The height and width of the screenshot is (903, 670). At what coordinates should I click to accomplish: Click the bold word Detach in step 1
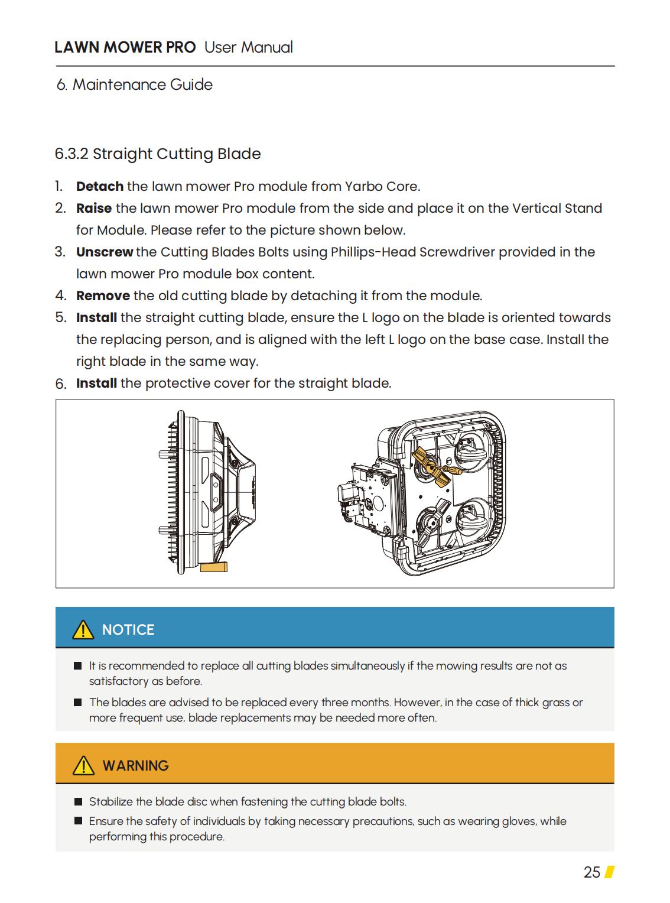99,187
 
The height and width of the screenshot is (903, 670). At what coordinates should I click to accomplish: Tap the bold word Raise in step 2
94,209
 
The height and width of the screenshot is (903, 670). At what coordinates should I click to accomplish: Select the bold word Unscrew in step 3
105,252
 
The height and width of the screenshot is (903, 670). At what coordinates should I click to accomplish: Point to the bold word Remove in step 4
103,296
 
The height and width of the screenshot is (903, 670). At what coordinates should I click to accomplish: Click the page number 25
591,872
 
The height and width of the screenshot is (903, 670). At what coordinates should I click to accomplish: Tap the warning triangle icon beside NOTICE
83,630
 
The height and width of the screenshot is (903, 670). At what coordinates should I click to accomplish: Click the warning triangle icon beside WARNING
83,766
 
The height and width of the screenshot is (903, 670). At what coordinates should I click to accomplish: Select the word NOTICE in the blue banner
128,630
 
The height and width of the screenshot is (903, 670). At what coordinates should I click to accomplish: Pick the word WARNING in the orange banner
135,766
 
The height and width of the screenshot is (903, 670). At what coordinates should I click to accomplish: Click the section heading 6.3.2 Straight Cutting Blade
158,154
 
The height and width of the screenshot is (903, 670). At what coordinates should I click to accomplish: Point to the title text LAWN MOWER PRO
125,48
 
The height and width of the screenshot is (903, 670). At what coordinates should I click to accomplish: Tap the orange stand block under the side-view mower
214,567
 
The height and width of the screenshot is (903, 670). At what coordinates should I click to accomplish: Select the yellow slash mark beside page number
610,872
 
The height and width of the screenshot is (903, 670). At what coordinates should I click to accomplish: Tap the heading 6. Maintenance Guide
135,85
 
